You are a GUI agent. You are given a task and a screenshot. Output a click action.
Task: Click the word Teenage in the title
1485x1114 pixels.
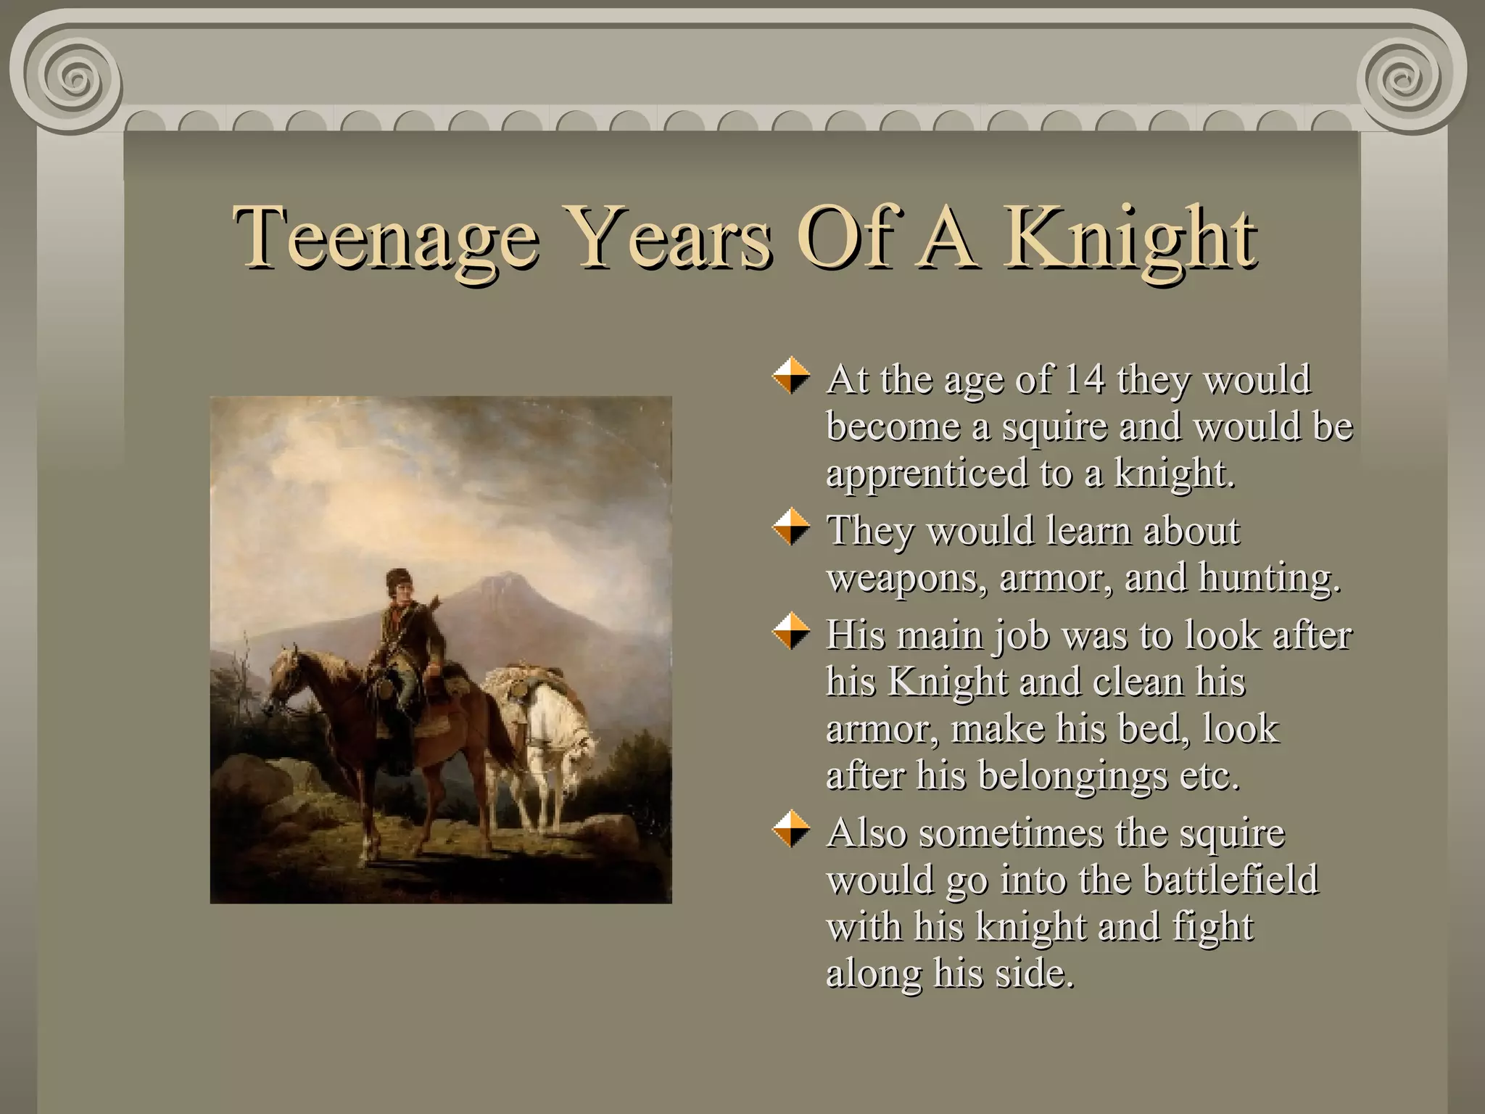click(x=385, y=238)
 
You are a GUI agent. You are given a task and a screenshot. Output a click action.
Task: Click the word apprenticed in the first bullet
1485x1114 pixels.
click(x=927, y=474)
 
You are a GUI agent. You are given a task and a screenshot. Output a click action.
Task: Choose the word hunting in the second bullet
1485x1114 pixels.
click(x=1269, y=578)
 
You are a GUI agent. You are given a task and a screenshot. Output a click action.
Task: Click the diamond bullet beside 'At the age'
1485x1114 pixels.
click(x=791, y=375)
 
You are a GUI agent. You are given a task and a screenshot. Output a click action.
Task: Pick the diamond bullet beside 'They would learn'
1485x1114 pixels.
click(x=791, y=527)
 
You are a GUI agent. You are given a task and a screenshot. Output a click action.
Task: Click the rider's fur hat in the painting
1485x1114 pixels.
click(x=398, y=579)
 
